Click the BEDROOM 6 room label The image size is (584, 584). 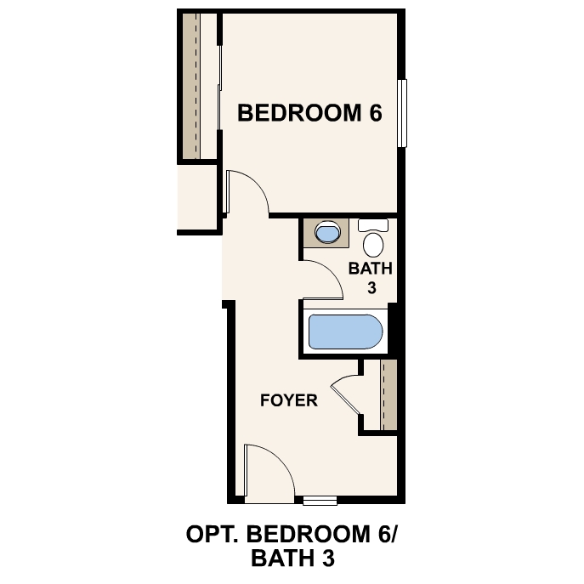309,113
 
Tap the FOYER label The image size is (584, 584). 289,400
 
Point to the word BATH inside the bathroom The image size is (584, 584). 371,269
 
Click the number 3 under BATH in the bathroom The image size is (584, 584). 371,288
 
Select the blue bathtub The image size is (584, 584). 346,332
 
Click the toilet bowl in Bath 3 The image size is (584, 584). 373,245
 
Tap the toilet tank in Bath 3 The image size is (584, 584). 373,225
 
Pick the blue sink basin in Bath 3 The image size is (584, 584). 327,232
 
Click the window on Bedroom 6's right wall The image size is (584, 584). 402,113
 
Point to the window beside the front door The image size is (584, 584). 320,500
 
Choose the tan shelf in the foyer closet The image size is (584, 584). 388,394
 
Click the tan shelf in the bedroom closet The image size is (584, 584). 191,86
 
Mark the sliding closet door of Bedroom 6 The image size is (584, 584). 219,88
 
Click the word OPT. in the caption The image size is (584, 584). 212,534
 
